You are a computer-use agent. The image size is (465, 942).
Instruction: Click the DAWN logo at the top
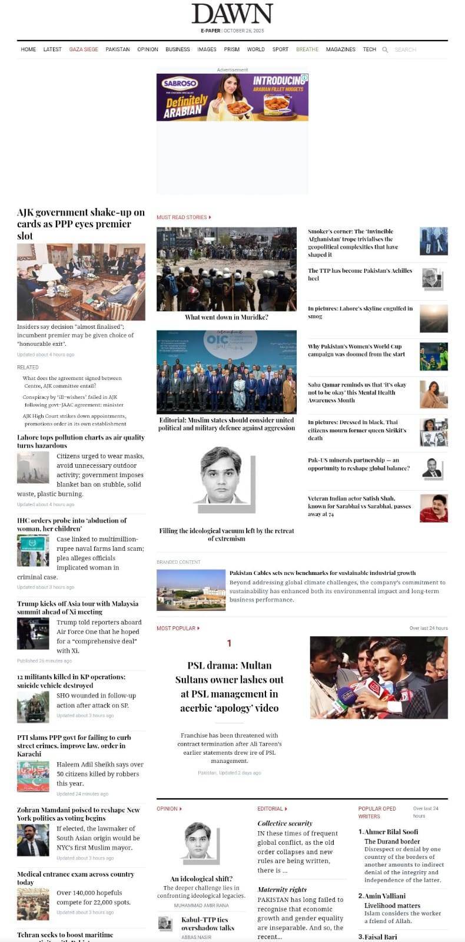tap(232, 14)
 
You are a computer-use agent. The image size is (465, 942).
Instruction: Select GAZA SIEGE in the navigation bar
tap(84, 49)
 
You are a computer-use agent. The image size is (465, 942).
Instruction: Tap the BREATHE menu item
tap(307, 49)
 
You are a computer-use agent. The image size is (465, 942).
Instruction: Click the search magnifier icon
tap(385, 50)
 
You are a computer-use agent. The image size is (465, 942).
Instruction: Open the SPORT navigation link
tap(280, 49)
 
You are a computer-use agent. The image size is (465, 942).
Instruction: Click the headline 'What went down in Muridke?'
tap(227, 317)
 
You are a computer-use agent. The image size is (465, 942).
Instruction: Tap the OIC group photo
tap(227, 372)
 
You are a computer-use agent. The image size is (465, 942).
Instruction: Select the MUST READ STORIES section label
tap(182, 217)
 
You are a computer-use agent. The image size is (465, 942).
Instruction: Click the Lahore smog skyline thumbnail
tap(433, 318)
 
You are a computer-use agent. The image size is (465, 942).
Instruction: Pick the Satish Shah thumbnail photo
tap(433, 508)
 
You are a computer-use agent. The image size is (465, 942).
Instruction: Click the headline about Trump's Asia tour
tap(78, 607)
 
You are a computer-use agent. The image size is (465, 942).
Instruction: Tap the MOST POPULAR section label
tap(176, 629)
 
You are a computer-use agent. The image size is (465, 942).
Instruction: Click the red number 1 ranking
tap(229, 643)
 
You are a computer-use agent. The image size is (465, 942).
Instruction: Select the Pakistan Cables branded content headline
tap(323, 573)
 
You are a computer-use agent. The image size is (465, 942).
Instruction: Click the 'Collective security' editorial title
tap(285, 823)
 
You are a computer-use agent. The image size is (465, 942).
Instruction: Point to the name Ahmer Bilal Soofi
tap(391, 832)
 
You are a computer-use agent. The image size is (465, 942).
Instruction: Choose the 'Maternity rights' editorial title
tap(282, 890)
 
